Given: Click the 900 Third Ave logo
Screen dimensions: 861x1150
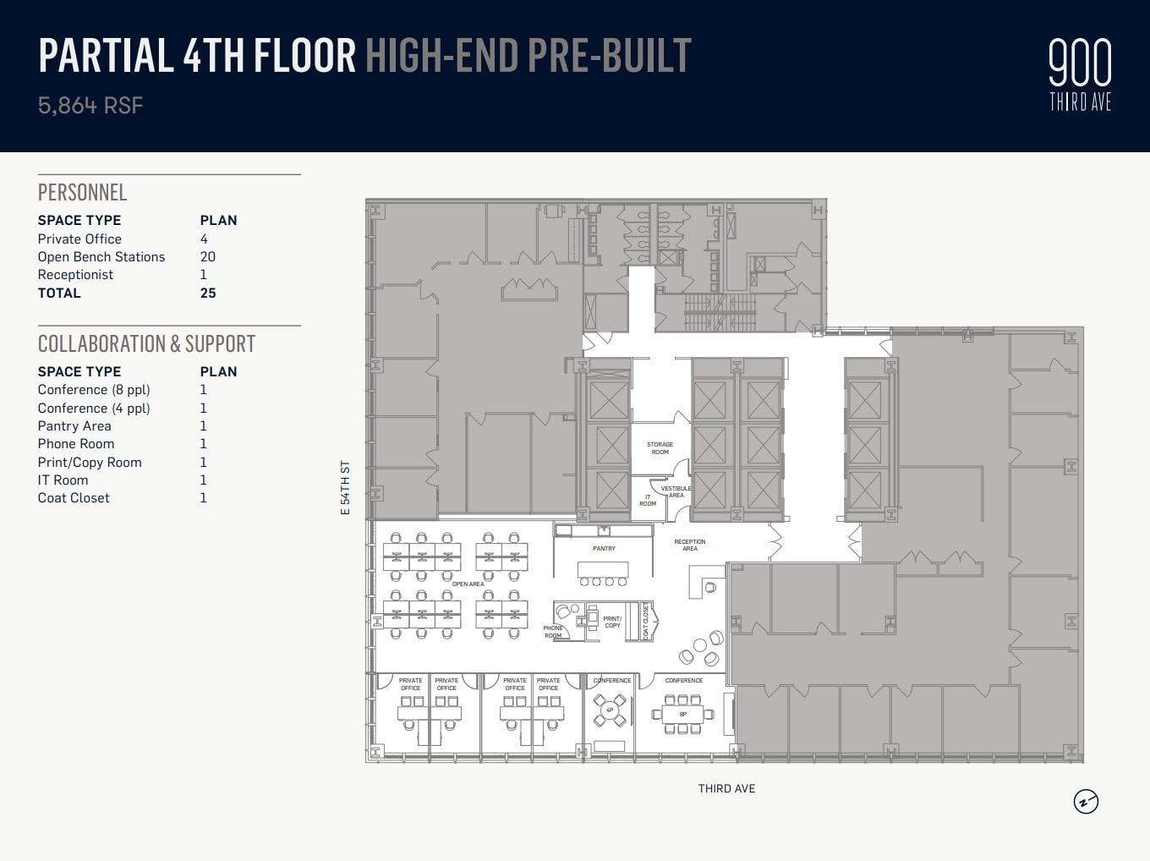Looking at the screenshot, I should point(1080,75).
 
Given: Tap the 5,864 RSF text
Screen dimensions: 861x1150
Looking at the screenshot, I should point(90,106).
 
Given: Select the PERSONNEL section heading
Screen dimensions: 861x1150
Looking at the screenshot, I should point(82,192).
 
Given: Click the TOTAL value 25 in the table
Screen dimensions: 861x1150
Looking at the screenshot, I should point(208,293).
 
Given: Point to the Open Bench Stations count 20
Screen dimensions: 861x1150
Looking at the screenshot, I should point(208,257).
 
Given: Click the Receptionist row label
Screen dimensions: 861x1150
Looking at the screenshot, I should point(75,275).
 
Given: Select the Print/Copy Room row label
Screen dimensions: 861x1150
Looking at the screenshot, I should point(90,463).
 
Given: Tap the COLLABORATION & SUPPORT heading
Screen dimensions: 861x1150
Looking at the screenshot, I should point(146,343).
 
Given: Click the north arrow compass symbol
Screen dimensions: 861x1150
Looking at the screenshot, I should point(1086,801).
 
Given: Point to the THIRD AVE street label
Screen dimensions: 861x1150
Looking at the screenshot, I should point(726,788).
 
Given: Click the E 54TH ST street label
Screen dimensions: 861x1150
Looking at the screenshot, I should point(345,488).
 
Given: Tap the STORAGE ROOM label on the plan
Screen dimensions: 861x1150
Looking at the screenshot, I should point(660,448).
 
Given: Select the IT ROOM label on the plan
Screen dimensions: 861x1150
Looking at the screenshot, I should point(648,500).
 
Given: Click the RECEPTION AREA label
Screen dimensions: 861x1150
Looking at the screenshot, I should point(690,545).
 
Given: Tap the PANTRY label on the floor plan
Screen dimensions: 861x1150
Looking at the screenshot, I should point(604,549).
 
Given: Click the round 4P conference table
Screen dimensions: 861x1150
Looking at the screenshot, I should point(610,710).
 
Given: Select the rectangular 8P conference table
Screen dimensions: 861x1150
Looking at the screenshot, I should point(682,715).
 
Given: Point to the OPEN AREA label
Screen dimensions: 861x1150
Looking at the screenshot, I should point(468,584).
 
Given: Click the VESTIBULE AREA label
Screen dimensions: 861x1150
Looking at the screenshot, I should point(676,491).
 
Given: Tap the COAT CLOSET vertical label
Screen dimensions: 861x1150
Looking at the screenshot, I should point(646,622).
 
